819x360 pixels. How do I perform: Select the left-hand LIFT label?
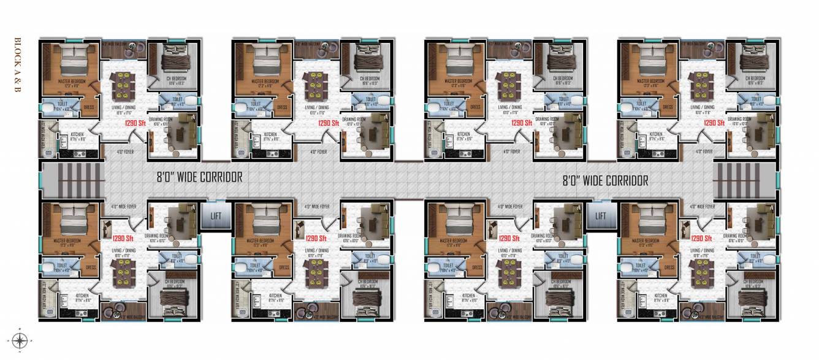tap(216, 216)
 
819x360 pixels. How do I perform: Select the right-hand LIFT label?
tap(600, 216)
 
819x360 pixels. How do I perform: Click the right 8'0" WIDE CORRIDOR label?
tap(605, 180)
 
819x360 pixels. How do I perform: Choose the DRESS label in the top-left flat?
tap(89, 106)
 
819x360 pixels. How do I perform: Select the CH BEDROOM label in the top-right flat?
tap(755, 79)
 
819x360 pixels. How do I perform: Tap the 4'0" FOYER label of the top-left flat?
tap(126, 151)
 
